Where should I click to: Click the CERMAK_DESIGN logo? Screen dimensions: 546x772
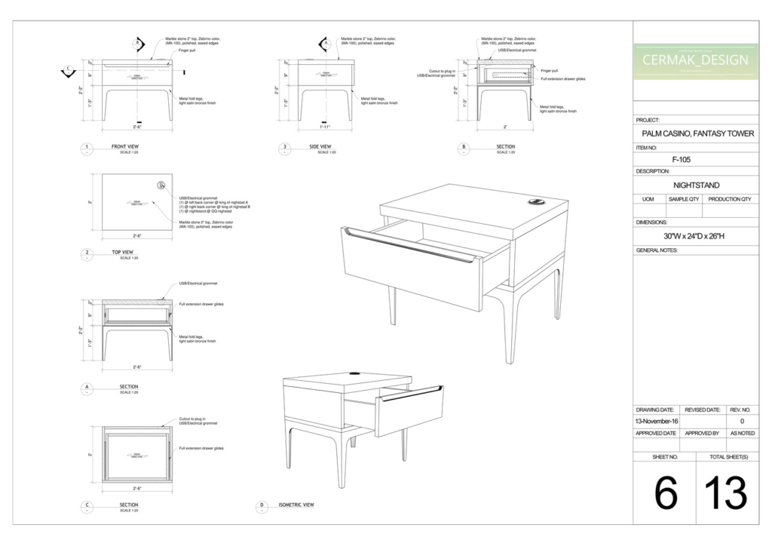coord(695,60)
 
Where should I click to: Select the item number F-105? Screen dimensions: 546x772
coord(681,159)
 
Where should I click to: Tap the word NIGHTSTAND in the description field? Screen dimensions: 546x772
coord(695,185)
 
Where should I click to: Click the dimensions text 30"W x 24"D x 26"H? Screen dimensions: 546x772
coord(694,236)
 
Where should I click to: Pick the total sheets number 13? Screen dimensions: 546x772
coord(725,494)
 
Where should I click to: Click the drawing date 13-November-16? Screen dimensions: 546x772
coord(655,421)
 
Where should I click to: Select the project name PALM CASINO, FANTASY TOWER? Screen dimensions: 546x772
coord(695,133)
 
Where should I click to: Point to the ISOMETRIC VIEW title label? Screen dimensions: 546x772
coord(296,505)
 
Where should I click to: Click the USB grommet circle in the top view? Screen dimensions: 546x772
coord(161,185)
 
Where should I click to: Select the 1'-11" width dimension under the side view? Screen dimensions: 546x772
coord(325,127)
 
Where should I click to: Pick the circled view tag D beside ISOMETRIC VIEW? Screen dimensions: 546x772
coord(262,505)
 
